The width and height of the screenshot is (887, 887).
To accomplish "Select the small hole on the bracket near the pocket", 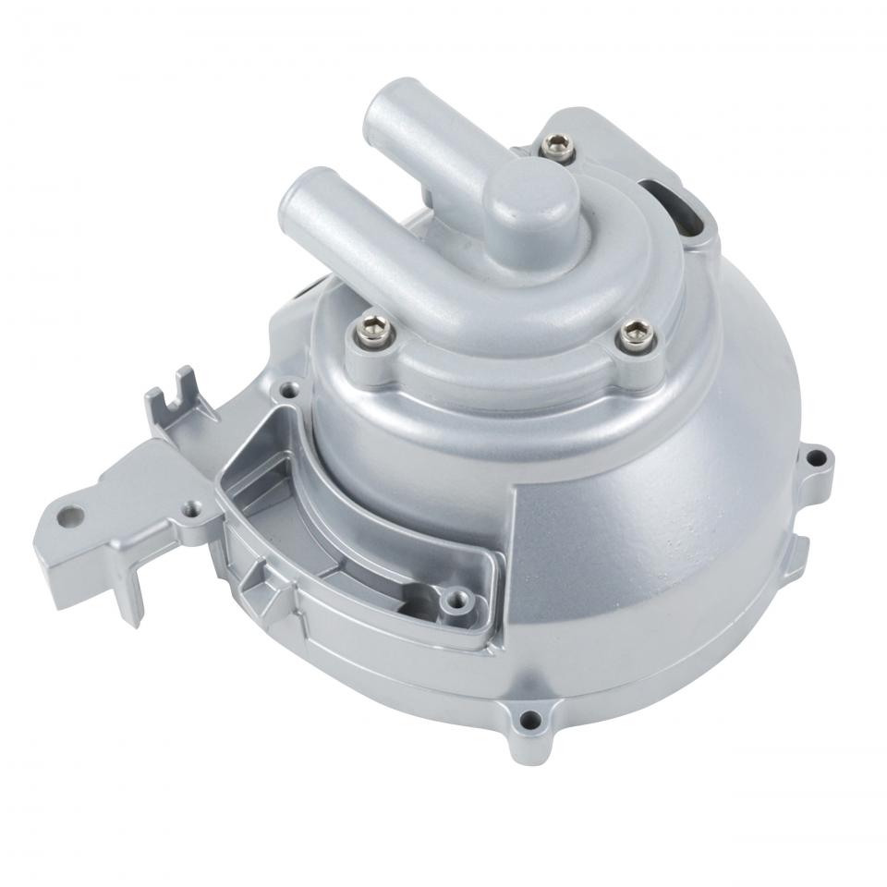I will pyautogui.click(x=191, y=507).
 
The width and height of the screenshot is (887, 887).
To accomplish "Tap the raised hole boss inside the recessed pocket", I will pyautogui.click(x=452, y=601).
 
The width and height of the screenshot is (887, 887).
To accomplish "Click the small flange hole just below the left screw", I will pyautogui.click(x=293, y=391).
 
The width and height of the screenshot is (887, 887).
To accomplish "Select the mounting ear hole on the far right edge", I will pyautogui.click(x=814, y=458).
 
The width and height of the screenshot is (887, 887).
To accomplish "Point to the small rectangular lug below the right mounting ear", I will pyautogui.click(x=796, y=555).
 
